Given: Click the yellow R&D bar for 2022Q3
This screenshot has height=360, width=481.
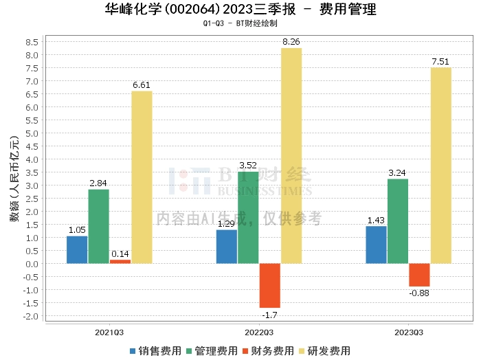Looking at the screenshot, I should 291,155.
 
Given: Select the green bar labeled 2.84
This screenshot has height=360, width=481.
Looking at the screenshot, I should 98,226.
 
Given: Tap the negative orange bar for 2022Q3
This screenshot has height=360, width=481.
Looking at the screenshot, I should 269,285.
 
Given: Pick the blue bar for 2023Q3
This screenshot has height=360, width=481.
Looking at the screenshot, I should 376,245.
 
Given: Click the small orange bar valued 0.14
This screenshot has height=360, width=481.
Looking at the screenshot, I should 120,261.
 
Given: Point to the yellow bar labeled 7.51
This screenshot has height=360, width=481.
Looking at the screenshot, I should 440,165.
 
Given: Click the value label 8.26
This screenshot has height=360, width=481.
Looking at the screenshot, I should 291,42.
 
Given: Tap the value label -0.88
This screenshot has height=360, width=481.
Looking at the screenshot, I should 418,293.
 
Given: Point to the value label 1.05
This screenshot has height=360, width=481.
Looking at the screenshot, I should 77,230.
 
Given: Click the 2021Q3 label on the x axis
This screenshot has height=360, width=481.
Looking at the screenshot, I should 109,332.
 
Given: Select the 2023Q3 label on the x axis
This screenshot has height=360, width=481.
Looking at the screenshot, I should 408,332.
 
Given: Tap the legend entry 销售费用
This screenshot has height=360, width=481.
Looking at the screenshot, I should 155,350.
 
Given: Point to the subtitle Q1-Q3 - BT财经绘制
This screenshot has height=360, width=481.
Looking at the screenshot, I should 240,23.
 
